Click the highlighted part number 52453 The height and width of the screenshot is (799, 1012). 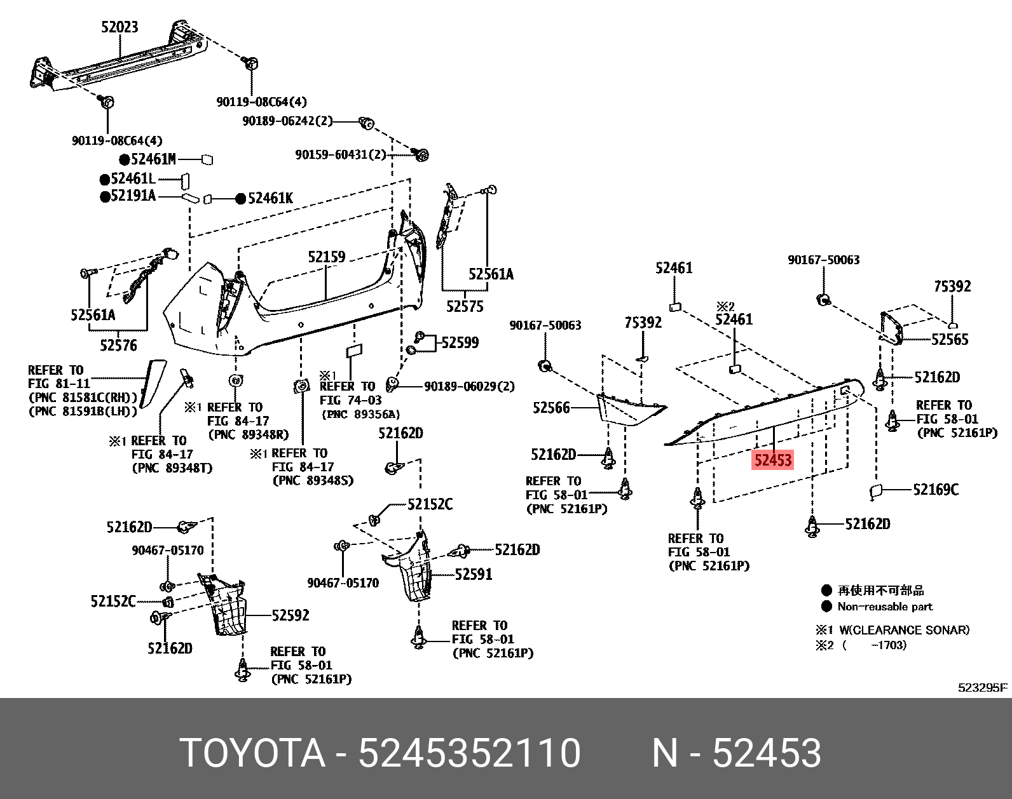click(x=772, y=460)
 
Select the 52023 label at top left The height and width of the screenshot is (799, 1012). click(x=120, y=27)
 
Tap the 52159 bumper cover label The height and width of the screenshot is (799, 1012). click(x=327, y=257)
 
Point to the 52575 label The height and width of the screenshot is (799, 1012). click(x=465, y=307)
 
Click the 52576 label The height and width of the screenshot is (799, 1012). click(x=118, y=346)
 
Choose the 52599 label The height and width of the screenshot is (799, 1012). click(x=460, y=343)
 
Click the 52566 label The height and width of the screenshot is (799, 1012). click(x=551, y=408)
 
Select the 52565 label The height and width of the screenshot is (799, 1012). click(x=950, y=340)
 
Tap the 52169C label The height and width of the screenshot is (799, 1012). click(x=936, y=490)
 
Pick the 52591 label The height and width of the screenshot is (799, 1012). click(x=474, y=575)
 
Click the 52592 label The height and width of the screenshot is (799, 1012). click(x=291, y=615)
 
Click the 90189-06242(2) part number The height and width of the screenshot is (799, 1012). click(x=287, y=121)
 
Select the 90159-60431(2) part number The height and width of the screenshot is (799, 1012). click(x=340, y=155)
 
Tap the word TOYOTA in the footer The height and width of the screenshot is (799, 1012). click(x=252, y=753)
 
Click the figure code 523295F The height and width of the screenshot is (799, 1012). click(x=983, y=687)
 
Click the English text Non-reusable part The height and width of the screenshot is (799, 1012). click(x=884, y=607)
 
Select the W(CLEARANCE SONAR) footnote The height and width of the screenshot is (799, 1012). click(x=904, y=630)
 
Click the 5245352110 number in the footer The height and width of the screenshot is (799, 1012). click(x=469, y=753)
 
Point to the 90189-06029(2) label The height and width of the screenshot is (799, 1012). click(x=469, y=386)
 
